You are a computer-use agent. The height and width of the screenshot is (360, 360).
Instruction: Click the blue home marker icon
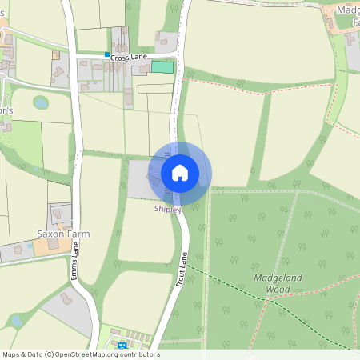pos(180,172)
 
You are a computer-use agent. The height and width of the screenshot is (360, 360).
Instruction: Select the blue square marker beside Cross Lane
pos(107,55)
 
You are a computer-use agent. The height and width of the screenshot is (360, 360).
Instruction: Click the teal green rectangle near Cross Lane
pos(162,68)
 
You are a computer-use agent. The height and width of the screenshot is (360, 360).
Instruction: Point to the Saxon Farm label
pos(62,234)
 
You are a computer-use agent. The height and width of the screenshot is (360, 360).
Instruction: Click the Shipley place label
pos(168,210)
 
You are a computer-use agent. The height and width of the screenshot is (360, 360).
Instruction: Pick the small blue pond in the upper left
pos(41,103)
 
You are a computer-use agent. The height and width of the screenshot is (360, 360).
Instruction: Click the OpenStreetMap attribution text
pos(81,354)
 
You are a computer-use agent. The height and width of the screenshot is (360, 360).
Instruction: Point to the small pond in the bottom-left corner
pos(15,321)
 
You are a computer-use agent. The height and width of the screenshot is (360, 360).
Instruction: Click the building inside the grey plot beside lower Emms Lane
pos(66,300)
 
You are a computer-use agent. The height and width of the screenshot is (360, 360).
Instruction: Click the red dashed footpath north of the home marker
pos(264,90)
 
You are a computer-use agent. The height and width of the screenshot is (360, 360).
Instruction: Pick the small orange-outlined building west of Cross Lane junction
pos(56,55)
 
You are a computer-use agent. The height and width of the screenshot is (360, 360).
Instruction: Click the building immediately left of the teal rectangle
pos(143,70)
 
